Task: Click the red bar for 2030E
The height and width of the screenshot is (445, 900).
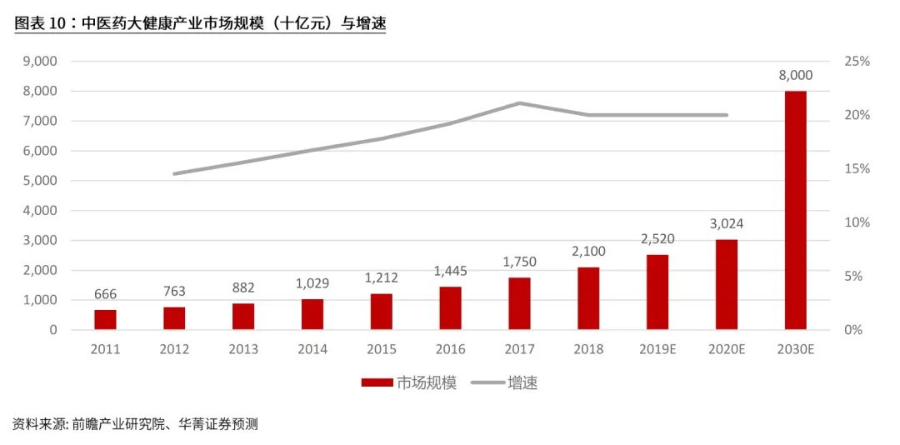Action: (x=795, y=210)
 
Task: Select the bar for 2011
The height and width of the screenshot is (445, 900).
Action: (x=105, y=320)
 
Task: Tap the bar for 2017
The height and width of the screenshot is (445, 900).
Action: (x=519, y=303)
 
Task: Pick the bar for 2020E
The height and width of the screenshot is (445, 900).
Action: (x=726, y=284)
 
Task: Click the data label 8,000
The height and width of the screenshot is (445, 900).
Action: (x=795, y=76)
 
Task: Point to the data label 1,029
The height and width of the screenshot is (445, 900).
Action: (x=312, y=283)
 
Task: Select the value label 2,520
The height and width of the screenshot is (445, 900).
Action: (x=657, y=239)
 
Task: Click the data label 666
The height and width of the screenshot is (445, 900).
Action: (x=105, y=293)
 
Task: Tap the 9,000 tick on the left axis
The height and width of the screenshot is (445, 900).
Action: (x=39, y=61)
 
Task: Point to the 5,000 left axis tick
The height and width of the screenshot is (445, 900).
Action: (x=39, y=181)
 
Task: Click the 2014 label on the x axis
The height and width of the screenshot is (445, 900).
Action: (x=312, y=349)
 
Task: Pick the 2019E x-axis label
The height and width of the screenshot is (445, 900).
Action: (x=657, y=349)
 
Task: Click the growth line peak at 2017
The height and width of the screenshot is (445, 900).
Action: (x=519, y=103)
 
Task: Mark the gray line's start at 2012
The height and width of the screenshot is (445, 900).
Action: (x=174, y=173)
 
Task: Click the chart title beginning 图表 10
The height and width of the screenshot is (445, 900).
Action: (x=200, y=24)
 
